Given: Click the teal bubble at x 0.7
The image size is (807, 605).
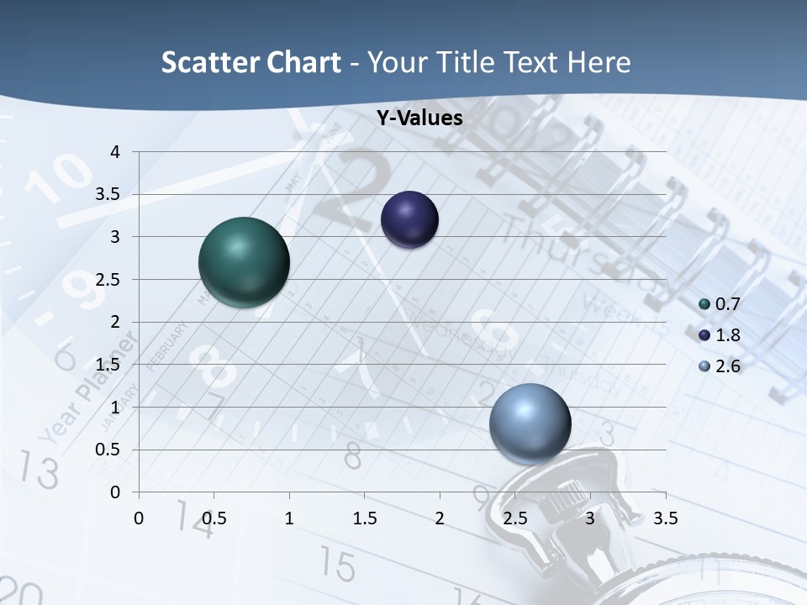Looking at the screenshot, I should tap(244, 262).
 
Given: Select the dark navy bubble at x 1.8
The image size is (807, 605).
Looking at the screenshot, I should tap(409, 220).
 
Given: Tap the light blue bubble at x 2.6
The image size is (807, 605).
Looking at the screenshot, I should tap(530, 423).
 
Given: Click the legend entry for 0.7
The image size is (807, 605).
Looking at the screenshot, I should tap(720, 304).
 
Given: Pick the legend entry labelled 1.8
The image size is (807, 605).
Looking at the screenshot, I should tap(720, 335).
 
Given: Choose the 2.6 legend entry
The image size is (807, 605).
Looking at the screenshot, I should tap(720, 366).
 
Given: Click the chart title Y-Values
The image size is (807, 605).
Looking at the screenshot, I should tap(419, 118).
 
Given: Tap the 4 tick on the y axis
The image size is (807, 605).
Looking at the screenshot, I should tap(116, 152).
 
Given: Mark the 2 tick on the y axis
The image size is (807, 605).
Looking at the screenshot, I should tap(116, 322).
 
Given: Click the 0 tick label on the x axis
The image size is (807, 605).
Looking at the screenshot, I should tap(139, 518).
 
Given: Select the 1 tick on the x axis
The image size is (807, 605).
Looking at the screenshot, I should tap(289, 518).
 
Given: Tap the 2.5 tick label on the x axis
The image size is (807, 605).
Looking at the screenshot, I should tap(514, 518).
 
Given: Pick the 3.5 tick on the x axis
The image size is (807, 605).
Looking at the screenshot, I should tap(665, 518).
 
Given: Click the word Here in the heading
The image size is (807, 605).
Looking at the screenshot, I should tap(598, 62).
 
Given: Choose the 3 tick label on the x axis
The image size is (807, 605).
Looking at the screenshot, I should tap(590, 518).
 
